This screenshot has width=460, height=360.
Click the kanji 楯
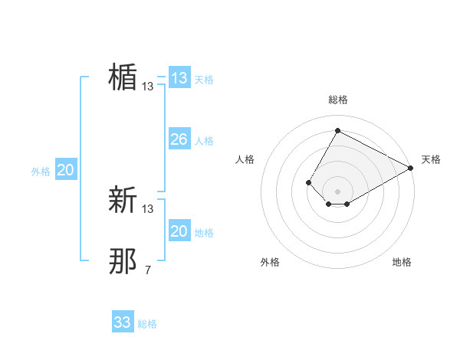tap(123, 77)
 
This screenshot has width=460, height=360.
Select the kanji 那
tap(123, 261)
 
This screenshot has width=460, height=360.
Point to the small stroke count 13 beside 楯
tap(148, 87)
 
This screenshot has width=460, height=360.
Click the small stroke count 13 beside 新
tap(148, 209)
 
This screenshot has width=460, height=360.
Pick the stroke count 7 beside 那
tap(148, 270)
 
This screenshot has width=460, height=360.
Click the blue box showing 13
tap(179, 78)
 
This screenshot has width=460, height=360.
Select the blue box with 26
tap(179, 139)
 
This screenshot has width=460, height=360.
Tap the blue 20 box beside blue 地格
tap(179, 231)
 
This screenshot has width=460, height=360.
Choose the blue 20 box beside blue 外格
tap(66, 170)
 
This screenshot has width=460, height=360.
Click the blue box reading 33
tap(123, 322)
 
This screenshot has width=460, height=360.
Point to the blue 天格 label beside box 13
tap(204, 80)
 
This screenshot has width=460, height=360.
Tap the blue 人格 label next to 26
tap(204, 141)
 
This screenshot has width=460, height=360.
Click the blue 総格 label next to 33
tap(147, 324)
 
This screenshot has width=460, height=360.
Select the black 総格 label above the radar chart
tap(337, 100)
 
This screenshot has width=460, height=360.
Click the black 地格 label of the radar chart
tap(402, 263)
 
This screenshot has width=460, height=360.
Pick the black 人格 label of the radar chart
tap(245, 159)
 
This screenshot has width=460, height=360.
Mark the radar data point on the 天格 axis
tap(411, 168)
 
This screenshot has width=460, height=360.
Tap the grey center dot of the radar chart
tap(337, 191)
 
